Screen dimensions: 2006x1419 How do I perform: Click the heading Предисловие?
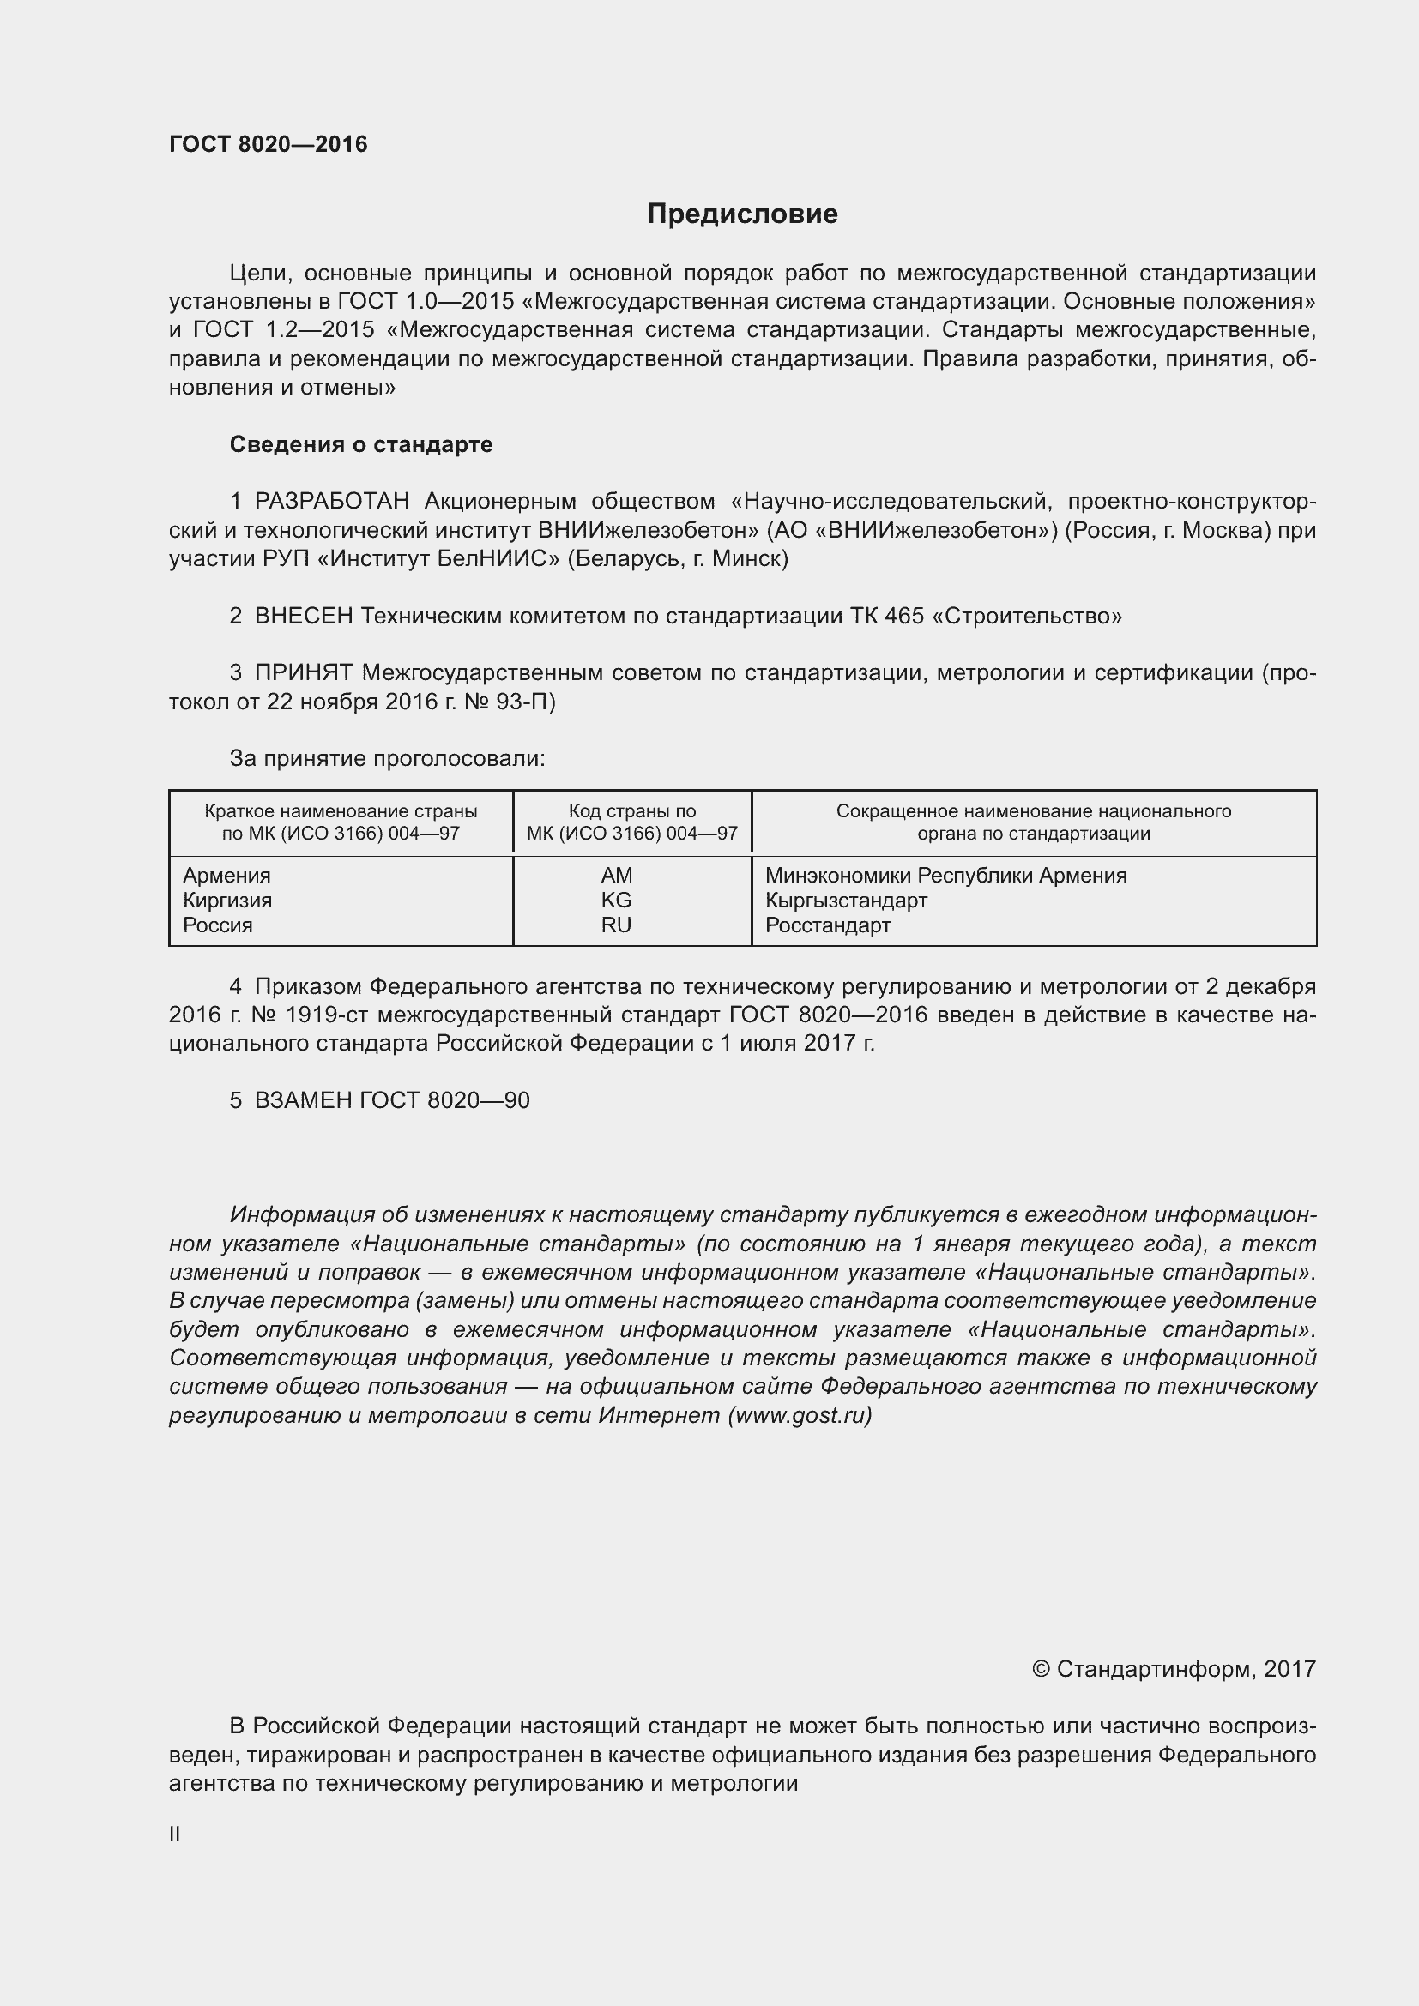pyautogui.click(x=742, y=214)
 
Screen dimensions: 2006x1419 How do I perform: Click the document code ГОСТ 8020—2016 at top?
pyautogui.click(x=269, y=144)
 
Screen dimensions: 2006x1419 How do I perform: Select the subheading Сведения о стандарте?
pyautogui.click(x=361, y=445)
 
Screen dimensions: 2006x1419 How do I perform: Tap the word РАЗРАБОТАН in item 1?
pyautogui.click(x=332, y=502)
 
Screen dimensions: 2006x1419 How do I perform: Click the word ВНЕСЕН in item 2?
pyautogui.click(x=303, y=616)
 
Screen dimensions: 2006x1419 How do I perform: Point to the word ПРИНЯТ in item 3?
pyautogui.click(x=303, y=672)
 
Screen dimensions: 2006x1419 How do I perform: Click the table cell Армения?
pyautogui.click(x=227, y=876)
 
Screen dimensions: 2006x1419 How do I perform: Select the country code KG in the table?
pyautogui.click(x=616, y=900)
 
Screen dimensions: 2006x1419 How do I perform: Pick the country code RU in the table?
pyautogui.click(x=616, y=925)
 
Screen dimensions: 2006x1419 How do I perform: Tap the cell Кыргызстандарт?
pyautogui.click(x=846, y=900)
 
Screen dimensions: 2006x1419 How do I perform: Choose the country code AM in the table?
pyautogui.click(x=616, y=876)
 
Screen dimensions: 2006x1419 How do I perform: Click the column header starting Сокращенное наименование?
pyautogui.click(x=1034, y=822)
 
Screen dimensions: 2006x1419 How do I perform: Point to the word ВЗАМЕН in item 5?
pyautogui.click(x=303, y=1101)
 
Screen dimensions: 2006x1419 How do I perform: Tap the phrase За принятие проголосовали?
pyautogui.click(x=387, y=758)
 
